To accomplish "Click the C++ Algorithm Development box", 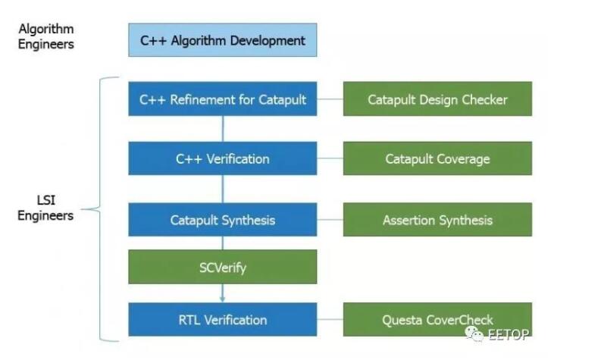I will [x=222, y=40].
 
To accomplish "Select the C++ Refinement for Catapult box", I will [x=222, y=99].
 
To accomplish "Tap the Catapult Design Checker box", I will [x=437, y=99].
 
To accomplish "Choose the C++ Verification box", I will [x=222, y=158].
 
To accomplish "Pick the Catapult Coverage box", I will [x=437, y=158].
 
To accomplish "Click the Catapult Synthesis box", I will [x=222, y=220].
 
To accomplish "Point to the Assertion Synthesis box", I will [x=437, y=220].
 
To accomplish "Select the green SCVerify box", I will [x=222, y=267].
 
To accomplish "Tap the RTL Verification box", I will [x=222, y=319].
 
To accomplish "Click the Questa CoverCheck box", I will [x=437, y=319].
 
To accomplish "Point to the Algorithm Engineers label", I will [x=46, y=36].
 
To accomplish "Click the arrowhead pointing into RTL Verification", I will [x=222, y=299].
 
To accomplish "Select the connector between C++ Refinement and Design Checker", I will [x=330, y=99].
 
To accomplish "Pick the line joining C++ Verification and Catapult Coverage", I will [x=330, y=158].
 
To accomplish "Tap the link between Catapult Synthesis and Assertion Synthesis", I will [x=330, y=220].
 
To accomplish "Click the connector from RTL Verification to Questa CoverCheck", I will [x=330, y=319].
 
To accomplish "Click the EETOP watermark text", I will [x=509, y=334].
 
